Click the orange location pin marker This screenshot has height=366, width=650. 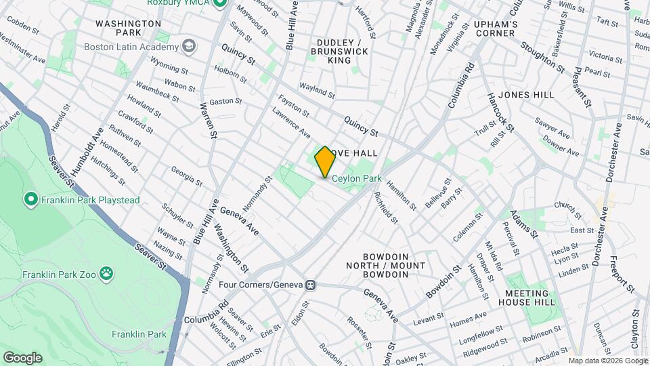325,161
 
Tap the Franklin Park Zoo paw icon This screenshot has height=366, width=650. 106,273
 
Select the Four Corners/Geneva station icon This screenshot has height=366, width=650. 310,285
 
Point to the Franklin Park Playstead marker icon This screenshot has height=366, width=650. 30,199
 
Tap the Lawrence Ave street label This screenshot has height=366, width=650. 291,121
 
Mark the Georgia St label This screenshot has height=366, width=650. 186,176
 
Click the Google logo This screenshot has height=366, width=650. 22,358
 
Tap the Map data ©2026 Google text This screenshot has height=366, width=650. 607,361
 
